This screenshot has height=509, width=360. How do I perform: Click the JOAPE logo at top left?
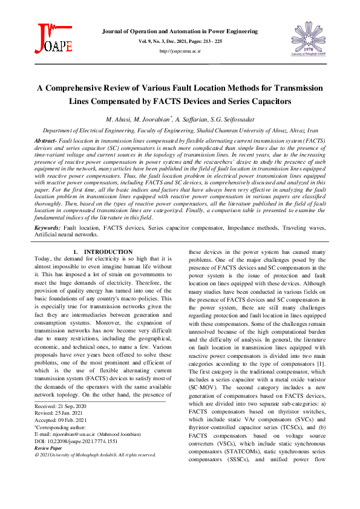(x=54, y=38)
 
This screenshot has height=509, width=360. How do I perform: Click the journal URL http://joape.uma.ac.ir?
(x=180, y=52)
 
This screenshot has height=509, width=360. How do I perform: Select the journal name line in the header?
(x=180, y=31)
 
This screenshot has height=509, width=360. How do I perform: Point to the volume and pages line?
(x=180, y=42)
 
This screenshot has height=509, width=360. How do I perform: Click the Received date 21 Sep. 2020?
(x=61, y=406)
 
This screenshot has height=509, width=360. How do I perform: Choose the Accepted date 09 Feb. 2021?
(x=62, y=420)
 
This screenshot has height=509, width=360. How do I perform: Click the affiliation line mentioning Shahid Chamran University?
(x=180, y=130)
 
